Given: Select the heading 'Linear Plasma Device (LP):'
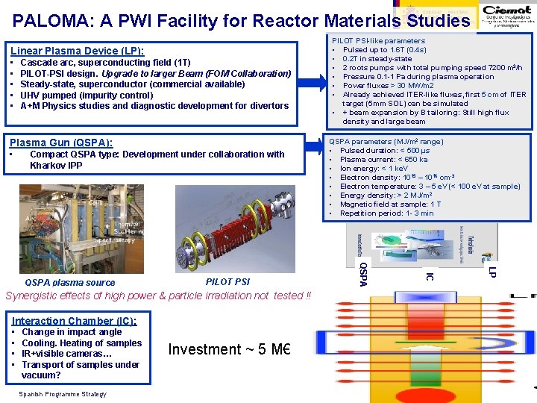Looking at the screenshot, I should coord(77,51).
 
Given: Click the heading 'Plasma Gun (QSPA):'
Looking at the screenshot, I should coord(60,143).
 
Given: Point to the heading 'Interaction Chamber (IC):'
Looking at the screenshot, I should coord(74,320).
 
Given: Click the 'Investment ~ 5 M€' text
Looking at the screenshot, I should coord(229,349).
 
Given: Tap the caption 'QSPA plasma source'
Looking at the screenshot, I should coord(70,283).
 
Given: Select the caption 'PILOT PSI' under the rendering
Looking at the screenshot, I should coord(227,282).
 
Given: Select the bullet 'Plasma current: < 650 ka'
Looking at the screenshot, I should coord(383,160).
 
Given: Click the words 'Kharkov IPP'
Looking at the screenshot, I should coord(56,165).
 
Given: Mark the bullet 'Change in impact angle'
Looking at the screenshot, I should coord(72,332).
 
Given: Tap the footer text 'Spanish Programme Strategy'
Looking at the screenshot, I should coord(64,394).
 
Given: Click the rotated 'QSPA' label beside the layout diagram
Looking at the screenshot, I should coord(363,273).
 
